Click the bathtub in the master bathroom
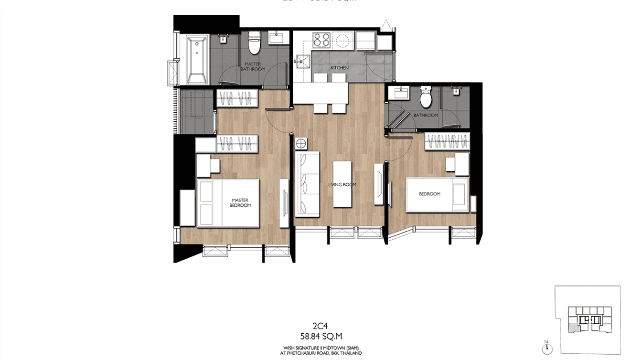[x=197, y=59]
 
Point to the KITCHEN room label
[x=340, y=68]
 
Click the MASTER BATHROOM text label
[x=253, y=66]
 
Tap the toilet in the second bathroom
[x=425, y=98]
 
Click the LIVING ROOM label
[x=342, y=185]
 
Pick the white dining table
[x=320, y=93]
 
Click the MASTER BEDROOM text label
[x=241, y=203]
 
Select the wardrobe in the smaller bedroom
[x=447, y=142]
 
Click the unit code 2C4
[x=320, y=327]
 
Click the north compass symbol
[x=547, y=348]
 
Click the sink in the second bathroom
[x=398, y=92]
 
